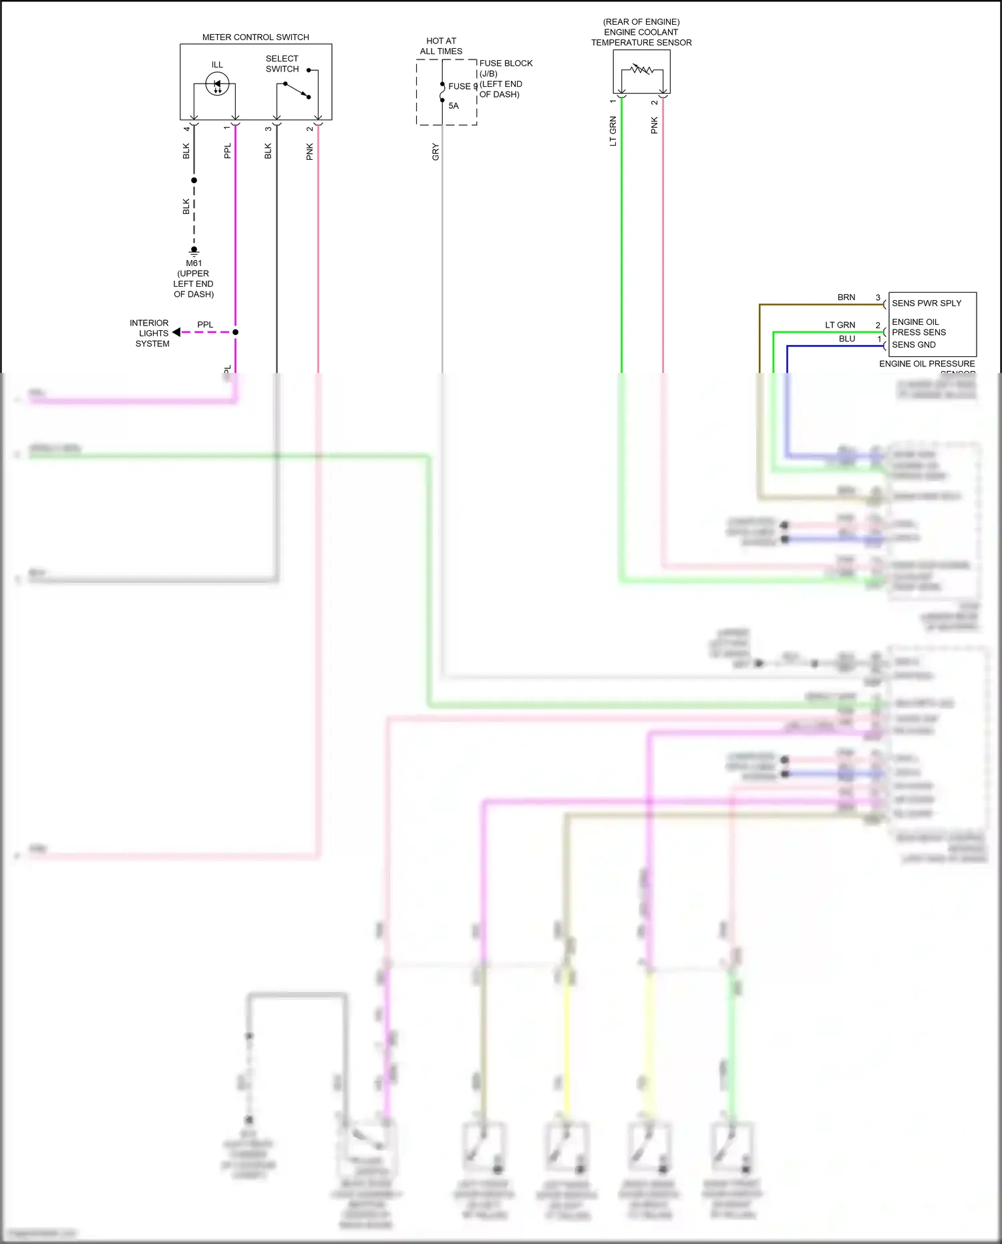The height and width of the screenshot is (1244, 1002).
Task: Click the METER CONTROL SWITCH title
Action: [255, 37]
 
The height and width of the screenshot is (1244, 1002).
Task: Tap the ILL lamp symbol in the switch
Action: [217, 84]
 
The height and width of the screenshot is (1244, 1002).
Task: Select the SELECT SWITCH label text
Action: [282, 64]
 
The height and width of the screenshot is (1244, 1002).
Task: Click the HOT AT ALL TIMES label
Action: [441, 46]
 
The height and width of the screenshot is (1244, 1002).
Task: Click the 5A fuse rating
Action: [454, 106]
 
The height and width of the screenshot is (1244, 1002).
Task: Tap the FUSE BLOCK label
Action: [506, 64]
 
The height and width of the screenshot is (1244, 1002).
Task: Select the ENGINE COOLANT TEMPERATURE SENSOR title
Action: [641, 32]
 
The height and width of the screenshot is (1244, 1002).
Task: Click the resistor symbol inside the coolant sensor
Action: [641, 70]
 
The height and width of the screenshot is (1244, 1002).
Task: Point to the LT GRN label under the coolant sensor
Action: [613, 131]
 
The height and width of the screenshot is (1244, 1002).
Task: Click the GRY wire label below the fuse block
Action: [436, 152]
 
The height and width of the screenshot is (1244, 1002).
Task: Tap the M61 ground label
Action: [194, 263]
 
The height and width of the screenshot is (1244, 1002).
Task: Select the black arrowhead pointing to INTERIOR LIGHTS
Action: [176, 332]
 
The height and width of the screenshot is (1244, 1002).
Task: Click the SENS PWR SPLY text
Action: [927, 303]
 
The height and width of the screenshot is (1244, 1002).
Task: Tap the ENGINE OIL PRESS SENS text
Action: [918, 327]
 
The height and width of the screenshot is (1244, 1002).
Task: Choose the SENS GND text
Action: [914, 345]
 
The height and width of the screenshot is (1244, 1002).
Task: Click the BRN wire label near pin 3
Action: [846, 297]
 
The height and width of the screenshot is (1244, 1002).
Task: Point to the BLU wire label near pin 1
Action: [847, 339]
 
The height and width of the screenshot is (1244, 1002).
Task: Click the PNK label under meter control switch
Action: [310, 152]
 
